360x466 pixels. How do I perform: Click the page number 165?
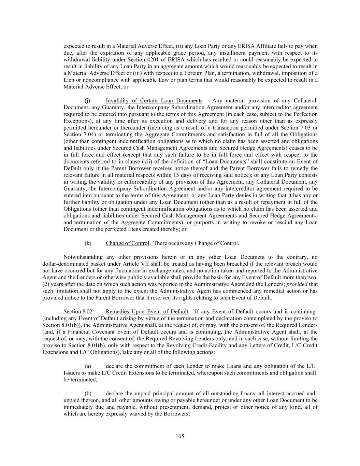pyautogui.click(x=180, y=436)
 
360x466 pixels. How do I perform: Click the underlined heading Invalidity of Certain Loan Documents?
pyautogui.click(x=154, y=100)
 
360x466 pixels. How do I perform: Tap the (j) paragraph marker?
pyautogui.click(x=87, y=100)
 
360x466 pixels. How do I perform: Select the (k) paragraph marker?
pyautogui.click(x=88, y=243)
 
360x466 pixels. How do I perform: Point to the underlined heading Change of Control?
pyautogui.click(x=128, y=243)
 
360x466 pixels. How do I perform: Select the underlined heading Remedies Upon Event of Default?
pyautogui.click(x=147, y=311)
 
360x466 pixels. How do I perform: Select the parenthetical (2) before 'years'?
pyautogui.click(x=46, y=284)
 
